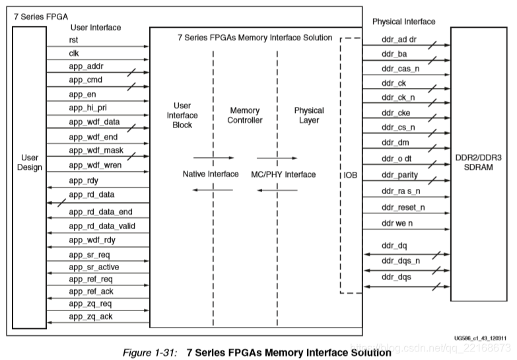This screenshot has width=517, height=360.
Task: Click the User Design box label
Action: click(x=30, y=162)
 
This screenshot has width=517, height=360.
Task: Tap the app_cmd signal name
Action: click(x=85, y=80)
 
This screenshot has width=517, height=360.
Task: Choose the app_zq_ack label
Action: click(x=90, y=316)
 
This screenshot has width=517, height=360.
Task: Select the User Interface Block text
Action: click(x=182, y=115)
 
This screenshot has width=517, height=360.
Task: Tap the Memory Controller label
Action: click(x=244, y=115)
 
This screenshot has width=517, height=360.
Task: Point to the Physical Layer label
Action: click(x=309, y=115)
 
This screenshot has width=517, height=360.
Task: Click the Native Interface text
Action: click(x=211, y=174)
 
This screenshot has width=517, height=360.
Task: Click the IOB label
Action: click(x=351, y=175)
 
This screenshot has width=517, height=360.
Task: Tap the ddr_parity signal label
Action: click(x=399, y=175)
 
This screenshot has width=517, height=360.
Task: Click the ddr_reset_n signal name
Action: click(x=403, y=207)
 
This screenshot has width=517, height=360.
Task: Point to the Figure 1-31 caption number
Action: click(x=155, y=352)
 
